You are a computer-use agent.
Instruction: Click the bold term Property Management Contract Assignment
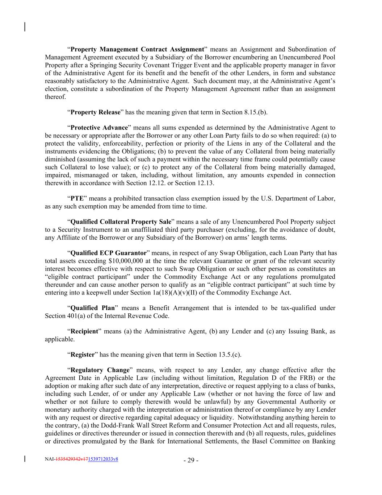click(x=137, y=49)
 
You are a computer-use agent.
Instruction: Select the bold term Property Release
click(x=95, y=112)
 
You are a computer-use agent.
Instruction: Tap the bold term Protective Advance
click(x=99, y=128)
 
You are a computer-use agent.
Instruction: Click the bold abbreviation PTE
click(x=77, y=198)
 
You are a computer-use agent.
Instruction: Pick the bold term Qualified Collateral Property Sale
click(x=121, y=222)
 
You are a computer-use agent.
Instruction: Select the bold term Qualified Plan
click(x=92, y=308)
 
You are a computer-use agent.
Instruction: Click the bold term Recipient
click(x=84, y=331)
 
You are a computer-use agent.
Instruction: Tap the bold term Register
click(x=82, y=354)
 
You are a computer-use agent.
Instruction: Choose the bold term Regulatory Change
click(x=100, y=370)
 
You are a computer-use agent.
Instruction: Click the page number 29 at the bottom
click(x=191, y=461)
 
